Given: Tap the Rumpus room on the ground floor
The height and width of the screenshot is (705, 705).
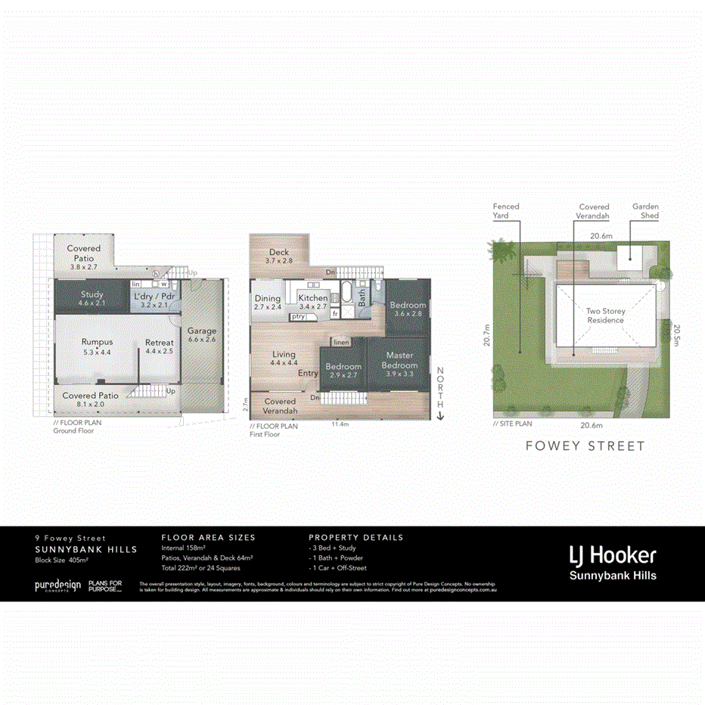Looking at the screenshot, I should pyautogui.click(x=97, y=343).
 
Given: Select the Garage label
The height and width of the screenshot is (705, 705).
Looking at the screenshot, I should pyautogui.click(x=202, y=331).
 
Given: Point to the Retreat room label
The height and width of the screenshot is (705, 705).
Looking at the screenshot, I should pyautogui.click(x=160, y=343).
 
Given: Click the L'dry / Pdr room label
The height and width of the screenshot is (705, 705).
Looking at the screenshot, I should pyautogui.click(x=154, y=296).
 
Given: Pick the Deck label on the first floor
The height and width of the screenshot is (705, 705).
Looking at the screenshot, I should pyautogui.click(x=278, y=253).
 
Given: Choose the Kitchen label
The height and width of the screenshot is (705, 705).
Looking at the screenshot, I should pyautogui.click(x=312, y=299).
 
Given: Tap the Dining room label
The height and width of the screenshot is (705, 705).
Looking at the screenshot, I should pyautogui.click(x=267, y=299).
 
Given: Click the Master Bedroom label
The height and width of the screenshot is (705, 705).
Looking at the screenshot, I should pyautogui.click(x=400, y=356).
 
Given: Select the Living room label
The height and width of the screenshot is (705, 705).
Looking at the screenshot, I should pyautogui.click(x=284, y=355).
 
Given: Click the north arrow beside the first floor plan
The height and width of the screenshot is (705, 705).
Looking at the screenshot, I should pyautogui.click(x=440, y=415).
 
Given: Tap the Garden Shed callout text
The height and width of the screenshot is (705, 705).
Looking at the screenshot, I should pyautogui.click(x=645, y=211).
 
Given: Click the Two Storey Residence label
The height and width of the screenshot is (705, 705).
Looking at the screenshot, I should pyautogui.click(x=606, y=315).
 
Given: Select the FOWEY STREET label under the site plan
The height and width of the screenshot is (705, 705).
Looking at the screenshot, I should pyautogui.click(x=585, y=446).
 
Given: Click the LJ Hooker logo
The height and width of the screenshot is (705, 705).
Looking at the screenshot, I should pyautogui.click(x=613, y=556).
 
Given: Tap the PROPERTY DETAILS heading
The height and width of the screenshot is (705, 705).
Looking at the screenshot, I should pyautogui.click(x=356, y=538).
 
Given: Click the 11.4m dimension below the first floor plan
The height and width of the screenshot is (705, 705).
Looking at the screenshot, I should pyautogui.click(x=340, y=425).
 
